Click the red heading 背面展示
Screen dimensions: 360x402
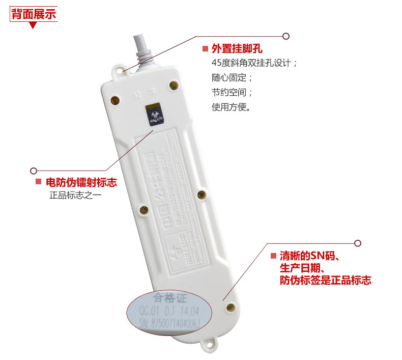tap(34, 14)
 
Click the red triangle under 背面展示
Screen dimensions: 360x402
tap(33, 25)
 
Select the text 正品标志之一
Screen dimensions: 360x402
tap(75, 195)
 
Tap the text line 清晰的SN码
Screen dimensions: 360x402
tap(309, 256)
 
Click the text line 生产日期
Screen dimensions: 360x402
tap(302, 268)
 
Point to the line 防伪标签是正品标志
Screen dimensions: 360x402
tap(325, 280)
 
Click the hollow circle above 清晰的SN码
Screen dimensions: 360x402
tap(357, 243)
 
